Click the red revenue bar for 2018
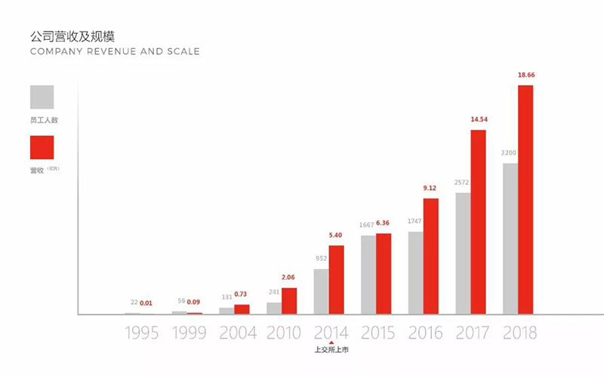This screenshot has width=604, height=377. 525,199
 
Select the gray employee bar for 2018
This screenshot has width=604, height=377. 510,238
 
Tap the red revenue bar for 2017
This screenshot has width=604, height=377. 478,222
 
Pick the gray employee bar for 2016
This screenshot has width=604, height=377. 415,272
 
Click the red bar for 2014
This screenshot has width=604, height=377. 336,279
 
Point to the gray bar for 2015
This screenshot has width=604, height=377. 368,274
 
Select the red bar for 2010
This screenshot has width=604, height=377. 289,301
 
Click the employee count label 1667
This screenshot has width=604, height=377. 366,225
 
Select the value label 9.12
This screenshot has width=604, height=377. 431,188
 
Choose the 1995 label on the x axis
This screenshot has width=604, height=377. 141,333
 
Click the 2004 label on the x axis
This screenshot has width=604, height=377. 238,333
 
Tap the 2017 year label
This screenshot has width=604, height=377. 473,333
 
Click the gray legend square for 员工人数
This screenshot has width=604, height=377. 42,97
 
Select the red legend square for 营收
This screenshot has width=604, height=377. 42,148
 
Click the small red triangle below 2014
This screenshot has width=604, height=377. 331,344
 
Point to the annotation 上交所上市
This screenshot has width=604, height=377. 331,351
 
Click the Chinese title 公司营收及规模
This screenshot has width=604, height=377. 72,36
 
